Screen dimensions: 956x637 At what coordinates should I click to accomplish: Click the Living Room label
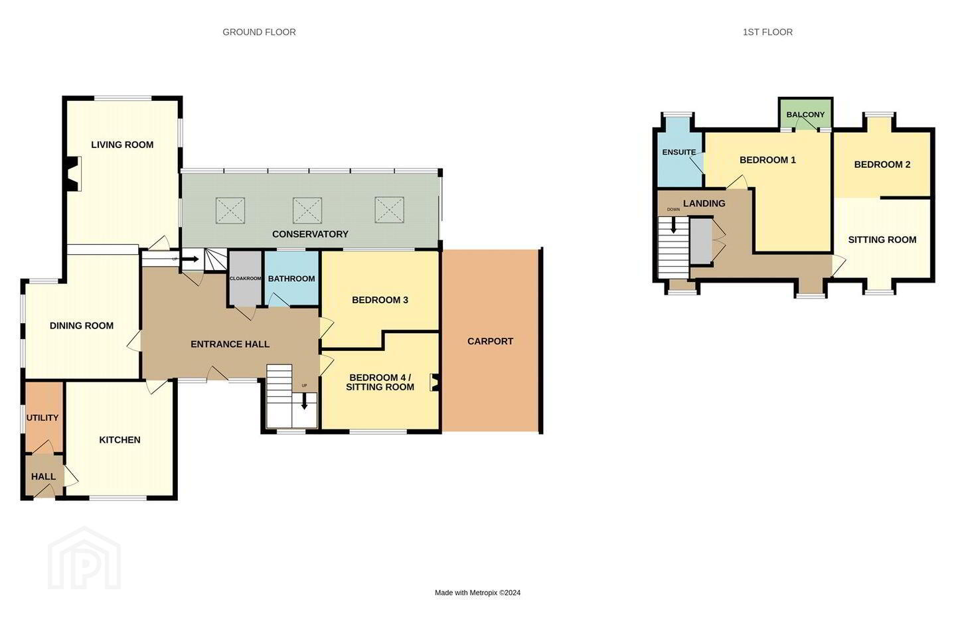[x=122, y=145]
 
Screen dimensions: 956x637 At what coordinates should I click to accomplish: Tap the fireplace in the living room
[x=74, y=174]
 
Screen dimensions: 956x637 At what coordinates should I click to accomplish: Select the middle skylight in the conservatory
[x=307, y=210]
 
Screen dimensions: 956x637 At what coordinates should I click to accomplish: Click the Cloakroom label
[x=245, y=279]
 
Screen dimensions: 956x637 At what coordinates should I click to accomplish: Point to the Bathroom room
[x=291, y=278]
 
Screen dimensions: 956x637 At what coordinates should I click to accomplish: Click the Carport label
[x=490, y=341]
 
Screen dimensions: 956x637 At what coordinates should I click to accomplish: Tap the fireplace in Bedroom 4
[x=435, y=382]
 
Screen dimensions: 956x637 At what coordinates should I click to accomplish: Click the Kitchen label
[x=119, y=440]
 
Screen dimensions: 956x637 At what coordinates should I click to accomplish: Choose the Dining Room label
[x=82, y=326]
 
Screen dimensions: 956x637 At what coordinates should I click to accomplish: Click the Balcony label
[x=805, y=114]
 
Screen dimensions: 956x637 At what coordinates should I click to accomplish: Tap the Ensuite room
[x=679, y=158]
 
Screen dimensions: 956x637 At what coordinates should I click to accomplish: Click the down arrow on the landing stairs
[x=673, y=225]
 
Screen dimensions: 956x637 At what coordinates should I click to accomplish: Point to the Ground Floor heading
[x=259, y=32]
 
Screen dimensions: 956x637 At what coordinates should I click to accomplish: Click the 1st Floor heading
[x=767, y=32]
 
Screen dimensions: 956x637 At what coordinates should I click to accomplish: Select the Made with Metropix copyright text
[x=477, y=593]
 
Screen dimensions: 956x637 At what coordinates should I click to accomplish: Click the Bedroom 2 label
[x=882, y=165]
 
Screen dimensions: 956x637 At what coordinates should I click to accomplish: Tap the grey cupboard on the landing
[x=701, y=241]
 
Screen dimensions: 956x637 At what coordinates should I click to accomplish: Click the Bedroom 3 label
[x=380, y=300]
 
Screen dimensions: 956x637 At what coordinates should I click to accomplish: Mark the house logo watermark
[x=84, y=559]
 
